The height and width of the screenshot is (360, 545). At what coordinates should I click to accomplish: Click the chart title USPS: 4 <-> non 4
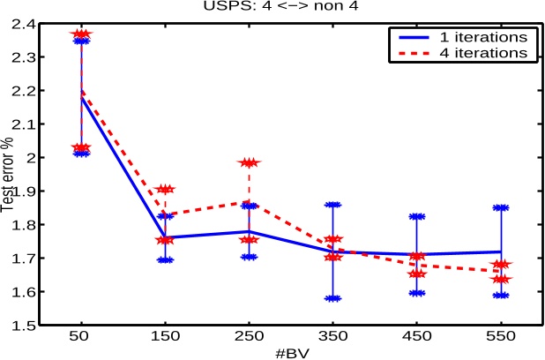click(x=280, y=6)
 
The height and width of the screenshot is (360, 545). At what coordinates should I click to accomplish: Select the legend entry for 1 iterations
click(x=463, y=37)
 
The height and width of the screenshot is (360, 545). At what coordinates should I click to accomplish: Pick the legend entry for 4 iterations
click(x=463, y=53)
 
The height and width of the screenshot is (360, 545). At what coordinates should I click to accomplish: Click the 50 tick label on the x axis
click(x=81, y=336)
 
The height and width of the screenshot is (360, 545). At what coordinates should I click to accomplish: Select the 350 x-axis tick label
click(x=333, y=336)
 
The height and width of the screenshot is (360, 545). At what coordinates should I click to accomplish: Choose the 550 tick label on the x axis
click(x=501, y=336)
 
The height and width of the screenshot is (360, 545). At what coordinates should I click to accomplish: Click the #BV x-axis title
click(x=292, y=354)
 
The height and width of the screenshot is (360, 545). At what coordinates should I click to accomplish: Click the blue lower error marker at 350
click(x=333, y=298)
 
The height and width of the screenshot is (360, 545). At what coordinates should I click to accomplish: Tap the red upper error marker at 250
click(x=250, y=162)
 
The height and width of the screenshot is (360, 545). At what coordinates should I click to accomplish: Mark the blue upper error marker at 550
click(x=501, y=208)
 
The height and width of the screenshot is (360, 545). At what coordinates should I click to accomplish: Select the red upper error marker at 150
click(x=165, y=189)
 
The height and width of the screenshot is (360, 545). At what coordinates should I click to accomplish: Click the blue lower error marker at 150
click(x=165, y=259)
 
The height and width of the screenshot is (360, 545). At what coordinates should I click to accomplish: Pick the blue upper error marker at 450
click(x=417, y=217)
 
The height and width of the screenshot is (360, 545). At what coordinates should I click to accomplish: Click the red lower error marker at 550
click(x=501, y=279)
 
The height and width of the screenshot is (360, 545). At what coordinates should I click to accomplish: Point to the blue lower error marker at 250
click(x=250, y=257)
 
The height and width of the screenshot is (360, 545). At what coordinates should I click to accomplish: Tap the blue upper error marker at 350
click(x=333, y=205)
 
